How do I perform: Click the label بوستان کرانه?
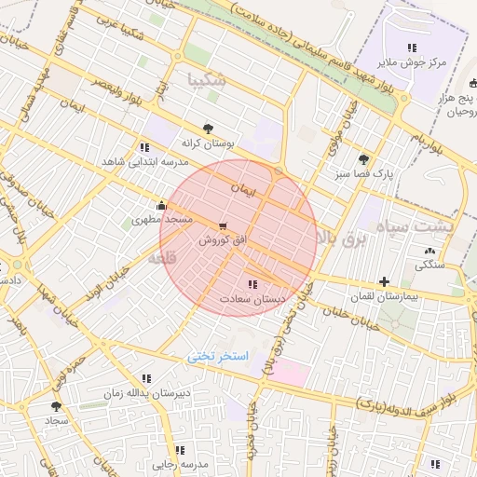(209, 145)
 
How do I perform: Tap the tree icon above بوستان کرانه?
(208, 129)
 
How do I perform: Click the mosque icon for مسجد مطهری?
(162, 206)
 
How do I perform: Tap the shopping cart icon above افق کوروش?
(222, 225)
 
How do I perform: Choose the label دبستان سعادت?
(251, 299)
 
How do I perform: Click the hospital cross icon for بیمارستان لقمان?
(384, 281)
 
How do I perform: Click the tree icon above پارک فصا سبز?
(363, 158)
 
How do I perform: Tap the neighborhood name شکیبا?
(206, 79)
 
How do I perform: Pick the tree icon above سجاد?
(56, 406)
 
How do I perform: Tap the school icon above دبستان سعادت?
(252, 283)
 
